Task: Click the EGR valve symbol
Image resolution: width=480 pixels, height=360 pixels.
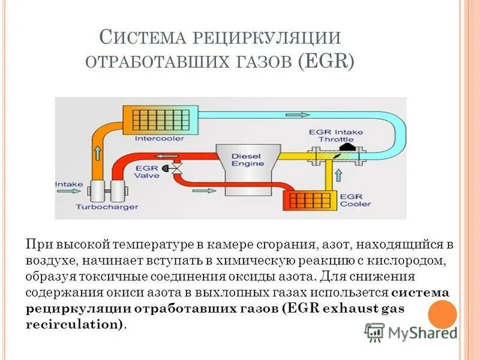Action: coord(178,169)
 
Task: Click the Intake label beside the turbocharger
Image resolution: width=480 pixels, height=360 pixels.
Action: coord(65,184)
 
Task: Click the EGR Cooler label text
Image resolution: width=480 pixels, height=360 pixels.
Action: coord(352,200)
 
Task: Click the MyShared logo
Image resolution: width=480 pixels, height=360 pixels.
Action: coord(411,332)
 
